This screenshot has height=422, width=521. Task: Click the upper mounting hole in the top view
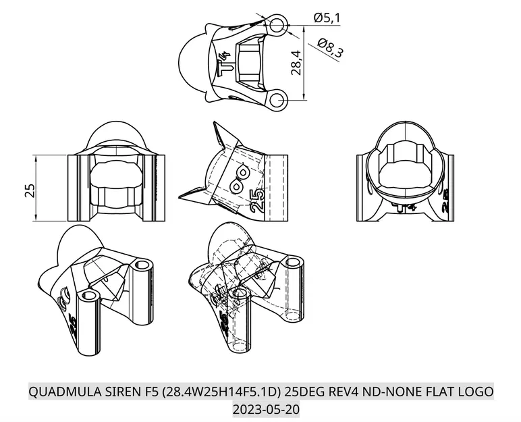tap(277, 25)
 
